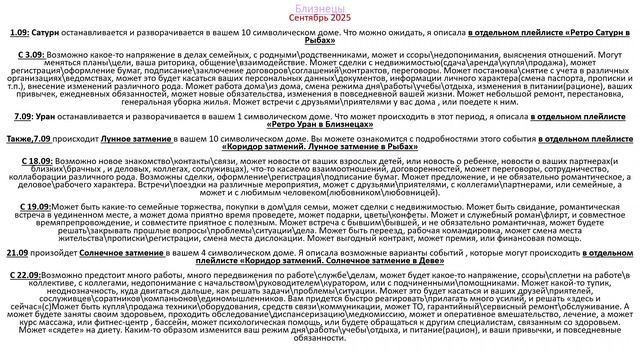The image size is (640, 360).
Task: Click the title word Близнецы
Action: pos(319,7)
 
